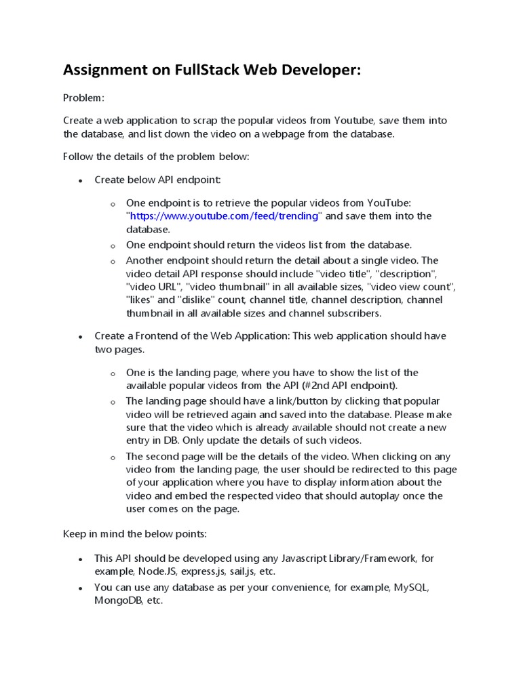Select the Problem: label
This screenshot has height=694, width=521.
83,98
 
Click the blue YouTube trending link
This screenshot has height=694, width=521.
224,216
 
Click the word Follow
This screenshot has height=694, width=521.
78,157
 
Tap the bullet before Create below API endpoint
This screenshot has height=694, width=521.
80,180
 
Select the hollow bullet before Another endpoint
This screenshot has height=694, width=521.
113,261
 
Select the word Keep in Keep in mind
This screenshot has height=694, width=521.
74,534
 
